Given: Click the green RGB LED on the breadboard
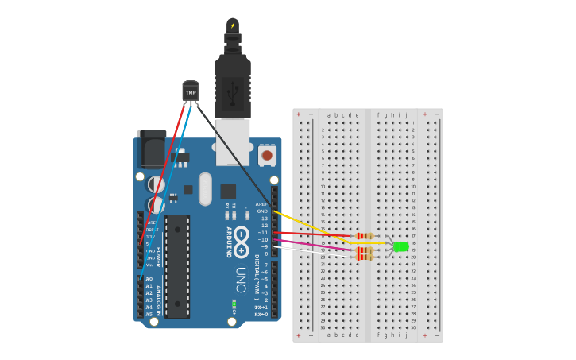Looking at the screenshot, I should coord(400,246).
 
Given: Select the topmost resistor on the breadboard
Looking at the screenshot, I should coord(365,236).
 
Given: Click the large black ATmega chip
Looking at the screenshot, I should coord(177,265).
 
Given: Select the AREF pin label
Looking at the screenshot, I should coord(261,204).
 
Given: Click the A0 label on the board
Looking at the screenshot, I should coord(149,279).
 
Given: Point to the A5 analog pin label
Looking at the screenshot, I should coord(149,314).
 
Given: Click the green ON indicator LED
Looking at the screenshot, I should coord(234,304).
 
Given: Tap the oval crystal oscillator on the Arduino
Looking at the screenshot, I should coord(205,188).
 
